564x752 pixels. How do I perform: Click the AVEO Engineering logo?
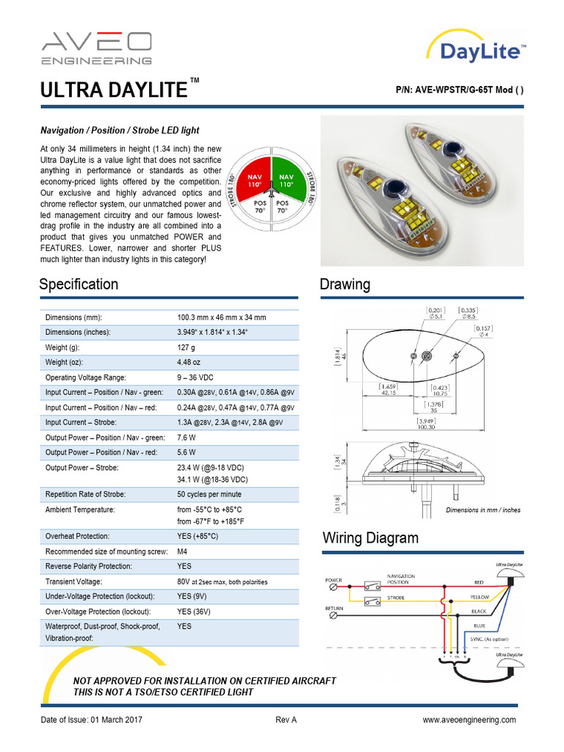[96, 48]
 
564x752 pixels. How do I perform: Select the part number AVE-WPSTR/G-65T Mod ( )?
[459, 90]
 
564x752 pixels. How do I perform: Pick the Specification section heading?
[79, 284]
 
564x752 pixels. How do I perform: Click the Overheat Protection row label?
[77, 537]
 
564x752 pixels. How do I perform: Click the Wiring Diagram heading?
[371, 538]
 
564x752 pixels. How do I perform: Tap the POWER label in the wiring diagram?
[333, 580]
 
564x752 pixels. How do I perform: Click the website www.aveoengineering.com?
[469, 720]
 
